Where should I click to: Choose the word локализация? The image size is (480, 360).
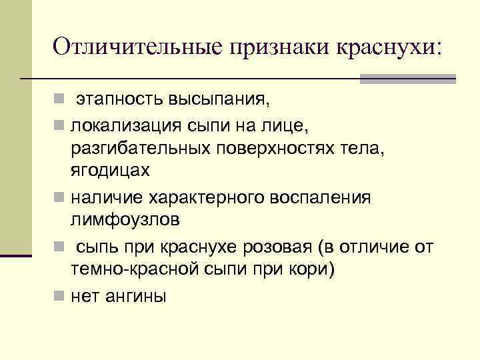[122, 124]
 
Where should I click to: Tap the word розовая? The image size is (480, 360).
[269, 247]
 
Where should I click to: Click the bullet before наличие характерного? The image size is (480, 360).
[60, 199]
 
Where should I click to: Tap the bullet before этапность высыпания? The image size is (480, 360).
[60, 101]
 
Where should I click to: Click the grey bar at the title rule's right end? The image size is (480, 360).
[407, 79]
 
